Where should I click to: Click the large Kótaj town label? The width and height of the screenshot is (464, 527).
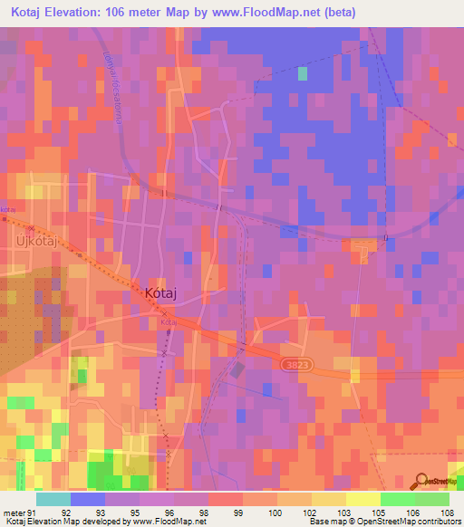click(166, 293)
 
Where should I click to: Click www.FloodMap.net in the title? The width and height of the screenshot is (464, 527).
click(269, 13)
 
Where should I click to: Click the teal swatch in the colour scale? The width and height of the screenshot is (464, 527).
click(53, 499)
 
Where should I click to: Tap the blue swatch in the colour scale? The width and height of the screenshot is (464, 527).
click(87, 499)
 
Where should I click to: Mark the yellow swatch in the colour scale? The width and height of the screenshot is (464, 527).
click(362, 499)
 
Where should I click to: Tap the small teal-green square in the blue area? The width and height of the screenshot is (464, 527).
click(303, 73)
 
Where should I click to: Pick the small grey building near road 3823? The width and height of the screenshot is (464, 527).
click(237, 369)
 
